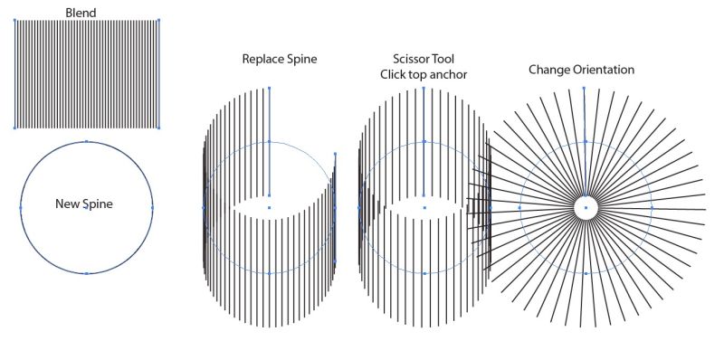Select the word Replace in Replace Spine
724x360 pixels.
pos(262,60)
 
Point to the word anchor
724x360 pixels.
pos(447,74)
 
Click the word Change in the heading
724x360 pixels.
pos(549,70)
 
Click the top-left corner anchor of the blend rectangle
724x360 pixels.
pos(14,20)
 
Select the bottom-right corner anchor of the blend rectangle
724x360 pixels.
pos(158,128)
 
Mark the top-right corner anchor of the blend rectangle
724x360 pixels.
pos(158,20)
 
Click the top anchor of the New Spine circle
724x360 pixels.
pos(86,141)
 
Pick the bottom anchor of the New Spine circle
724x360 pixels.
pos(86,273)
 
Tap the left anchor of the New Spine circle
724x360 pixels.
pos(20,207)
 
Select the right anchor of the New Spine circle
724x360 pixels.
pos(152,207)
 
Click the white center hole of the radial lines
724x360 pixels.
pos(586,208)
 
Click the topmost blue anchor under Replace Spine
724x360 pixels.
pos(269,89)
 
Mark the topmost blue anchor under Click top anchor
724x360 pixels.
pos(424,89)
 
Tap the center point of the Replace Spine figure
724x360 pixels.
pos(269,207)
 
